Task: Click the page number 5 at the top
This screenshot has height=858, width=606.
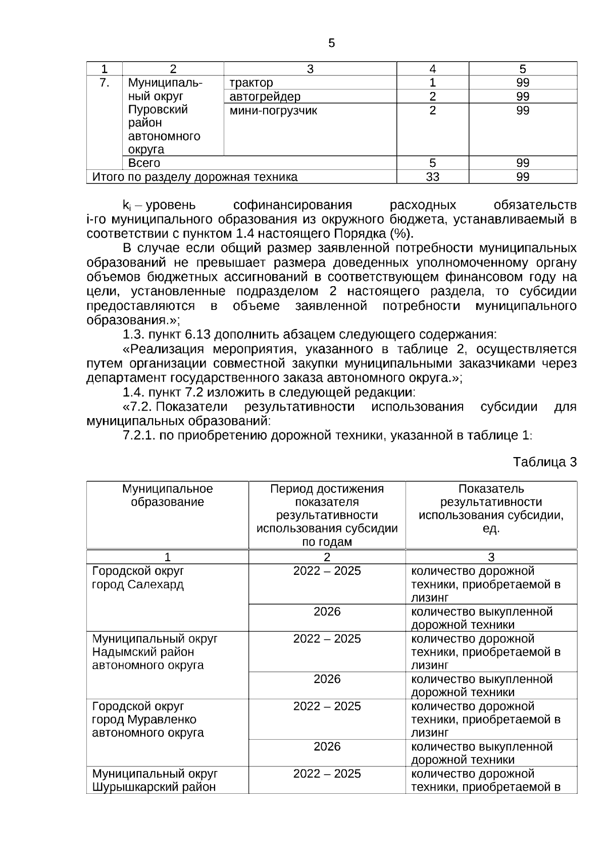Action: point(331,43)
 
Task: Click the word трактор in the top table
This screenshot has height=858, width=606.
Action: point(251,83)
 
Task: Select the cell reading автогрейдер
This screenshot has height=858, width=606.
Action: point(265,97)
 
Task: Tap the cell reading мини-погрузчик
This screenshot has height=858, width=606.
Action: point(273,111)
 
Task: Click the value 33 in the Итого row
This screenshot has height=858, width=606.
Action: point(432,177)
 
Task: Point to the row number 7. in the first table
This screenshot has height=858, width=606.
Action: point(104,83)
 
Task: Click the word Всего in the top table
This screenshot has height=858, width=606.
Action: point(144,163)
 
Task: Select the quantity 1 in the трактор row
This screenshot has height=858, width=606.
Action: point(432,83)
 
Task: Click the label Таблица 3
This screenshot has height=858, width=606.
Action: point(544,462)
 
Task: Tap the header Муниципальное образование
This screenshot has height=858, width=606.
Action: point(167,495)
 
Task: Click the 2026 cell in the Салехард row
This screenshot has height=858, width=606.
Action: point(327,612)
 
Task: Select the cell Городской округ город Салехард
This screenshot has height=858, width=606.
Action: point(138,578)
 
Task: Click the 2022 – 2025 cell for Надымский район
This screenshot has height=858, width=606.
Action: point(327,639)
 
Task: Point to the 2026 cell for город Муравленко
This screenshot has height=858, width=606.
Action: point(327,747)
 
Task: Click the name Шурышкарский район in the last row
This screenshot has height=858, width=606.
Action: point(154,787)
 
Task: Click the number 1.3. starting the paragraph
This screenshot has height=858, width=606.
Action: point(133,335)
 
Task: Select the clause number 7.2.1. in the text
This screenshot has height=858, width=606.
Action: point(139,435)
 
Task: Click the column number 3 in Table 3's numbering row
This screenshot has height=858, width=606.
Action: point(491,557)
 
